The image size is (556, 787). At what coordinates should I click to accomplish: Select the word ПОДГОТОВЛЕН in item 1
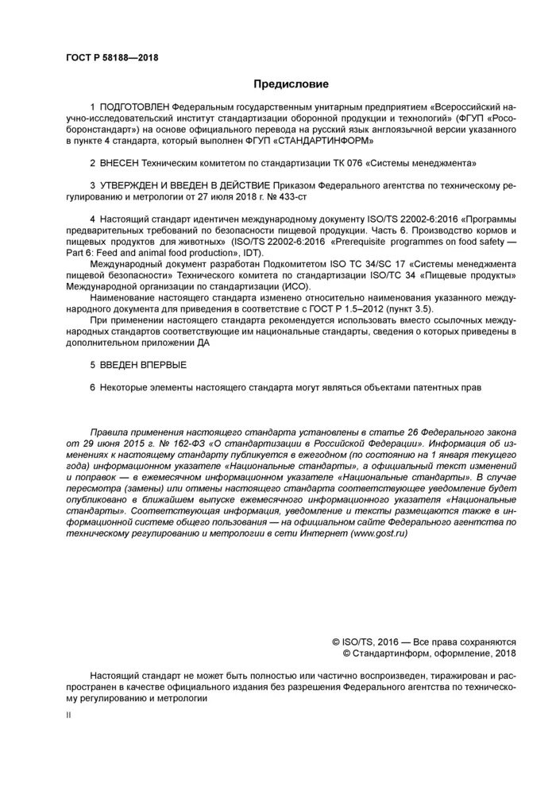coord(135,106)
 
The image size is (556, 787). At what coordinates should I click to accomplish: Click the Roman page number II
coord(68,715)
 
